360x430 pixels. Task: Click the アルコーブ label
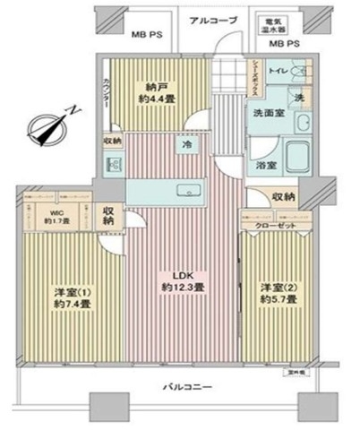click(x=211, y=21)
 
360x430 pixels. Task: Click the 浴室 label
click(x=265, y=165)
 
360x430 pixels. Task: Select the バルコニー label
click(x=188, y=387)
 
